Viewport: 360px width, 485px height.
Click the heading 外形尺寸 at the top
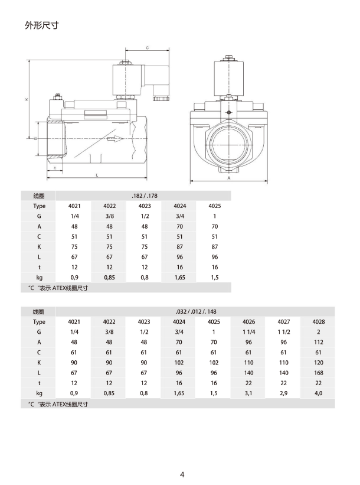[41, 25]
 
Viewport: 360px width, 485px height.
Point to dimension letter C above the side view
[147, 48]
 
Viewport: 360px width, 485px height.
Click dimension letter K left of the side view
[27, 99]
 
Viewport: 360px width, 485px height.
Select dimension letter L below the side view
[97, 175]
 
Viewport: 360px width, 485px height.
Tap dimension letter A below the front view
[229, 177]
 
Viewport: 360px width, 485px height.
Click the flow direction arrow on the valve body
[114, 139]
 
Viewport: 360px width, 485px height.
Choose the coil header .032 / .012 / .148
[195, 311]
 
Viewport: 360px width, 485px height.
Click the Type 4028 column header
[318, 322]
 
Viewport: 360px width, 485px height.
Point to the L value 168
[318, 372]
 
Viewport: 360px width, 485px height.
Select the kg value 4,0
[318, 392]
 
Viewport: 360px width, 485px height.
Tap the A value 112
[318, 342]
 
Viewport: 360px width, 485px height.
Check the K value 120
[318, 362]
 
